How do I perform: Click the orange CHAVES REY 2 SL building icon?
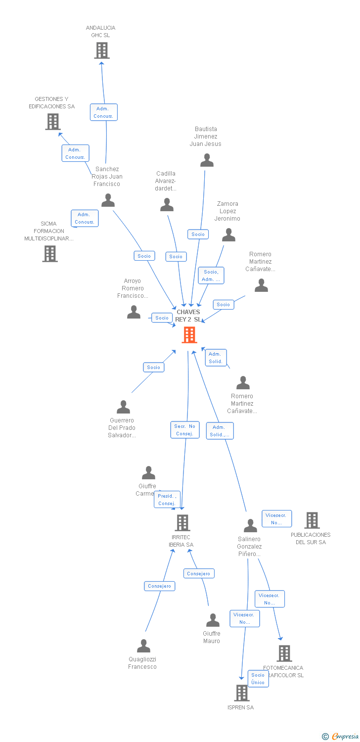(189, 335)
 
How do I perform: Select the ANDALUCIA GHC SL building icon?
(101, 50)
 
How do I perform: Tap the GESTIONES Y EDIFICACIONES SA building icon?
(52, 122)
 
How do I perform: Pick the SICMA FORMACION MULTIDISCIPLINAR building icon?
(50, 254)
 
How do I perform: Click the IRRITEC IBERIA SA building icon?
(182, 523)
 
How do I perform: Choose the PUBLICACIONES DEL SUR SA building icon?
(312, 520)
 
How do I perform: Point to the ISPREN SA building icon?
(241, 693)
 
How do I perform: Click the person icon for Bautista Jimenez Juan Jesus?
(207, 160)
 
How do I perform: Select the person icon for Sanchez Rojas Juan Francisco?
(108, 200)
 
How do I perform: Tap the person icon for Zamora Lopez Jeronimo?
(228, 235)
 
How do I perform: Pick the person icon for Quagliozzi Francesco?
(143, 646)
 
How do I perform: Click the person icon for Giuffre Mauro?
(213, 620)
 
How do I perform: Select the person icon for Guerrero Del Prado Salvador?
(123, 407)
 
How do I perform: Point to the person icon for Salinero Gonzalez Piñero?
(250, 525)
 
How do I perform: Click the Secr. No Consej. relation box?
(185, 430)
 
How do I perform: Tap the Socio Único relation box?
(258, 679)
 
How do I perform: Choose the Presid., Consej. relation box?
(167, 500)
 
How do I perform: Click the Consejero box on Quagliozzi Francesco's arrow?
(159, 586)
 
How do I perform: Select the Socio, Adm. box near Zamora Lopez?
(211, 276)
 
